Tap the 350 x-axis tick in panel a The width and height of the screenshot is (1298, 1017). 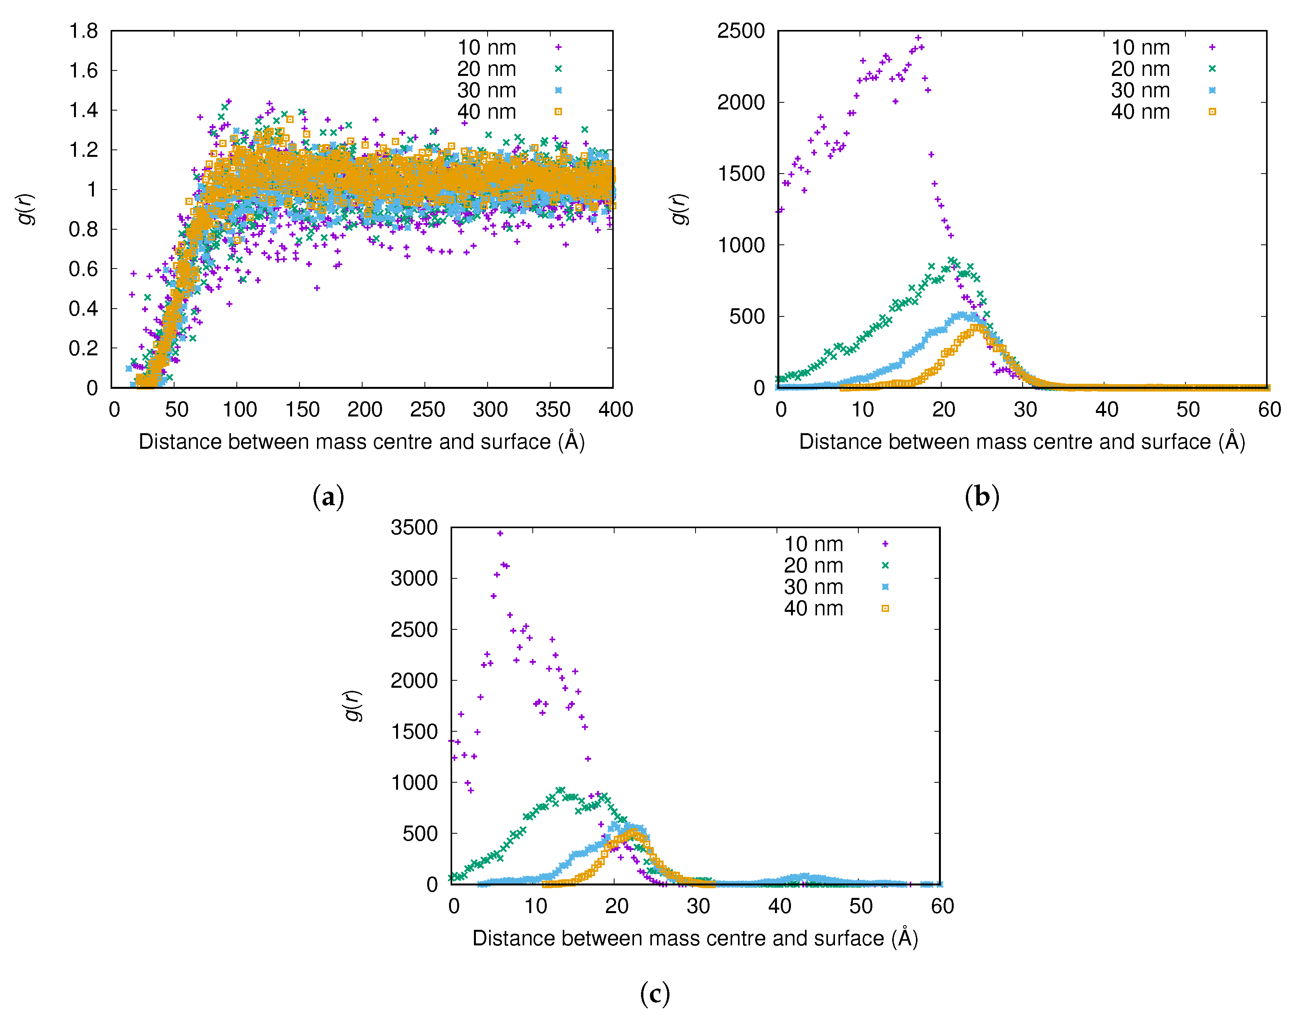(x=552, y=410)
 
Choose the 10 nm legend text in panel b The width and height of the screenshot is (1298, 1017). (x=1140, y=47)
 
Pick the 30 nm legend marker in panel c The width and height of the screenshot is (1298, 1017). (x=885, y=587)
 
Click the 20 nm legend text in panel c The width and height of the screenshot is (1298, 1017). (x=813, y=566)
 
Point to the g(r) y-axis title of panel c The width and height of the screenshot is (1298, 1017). (x=354, y=706)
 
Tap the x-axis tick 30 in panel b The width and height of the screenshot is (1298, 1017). (x=1025, y=410)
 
